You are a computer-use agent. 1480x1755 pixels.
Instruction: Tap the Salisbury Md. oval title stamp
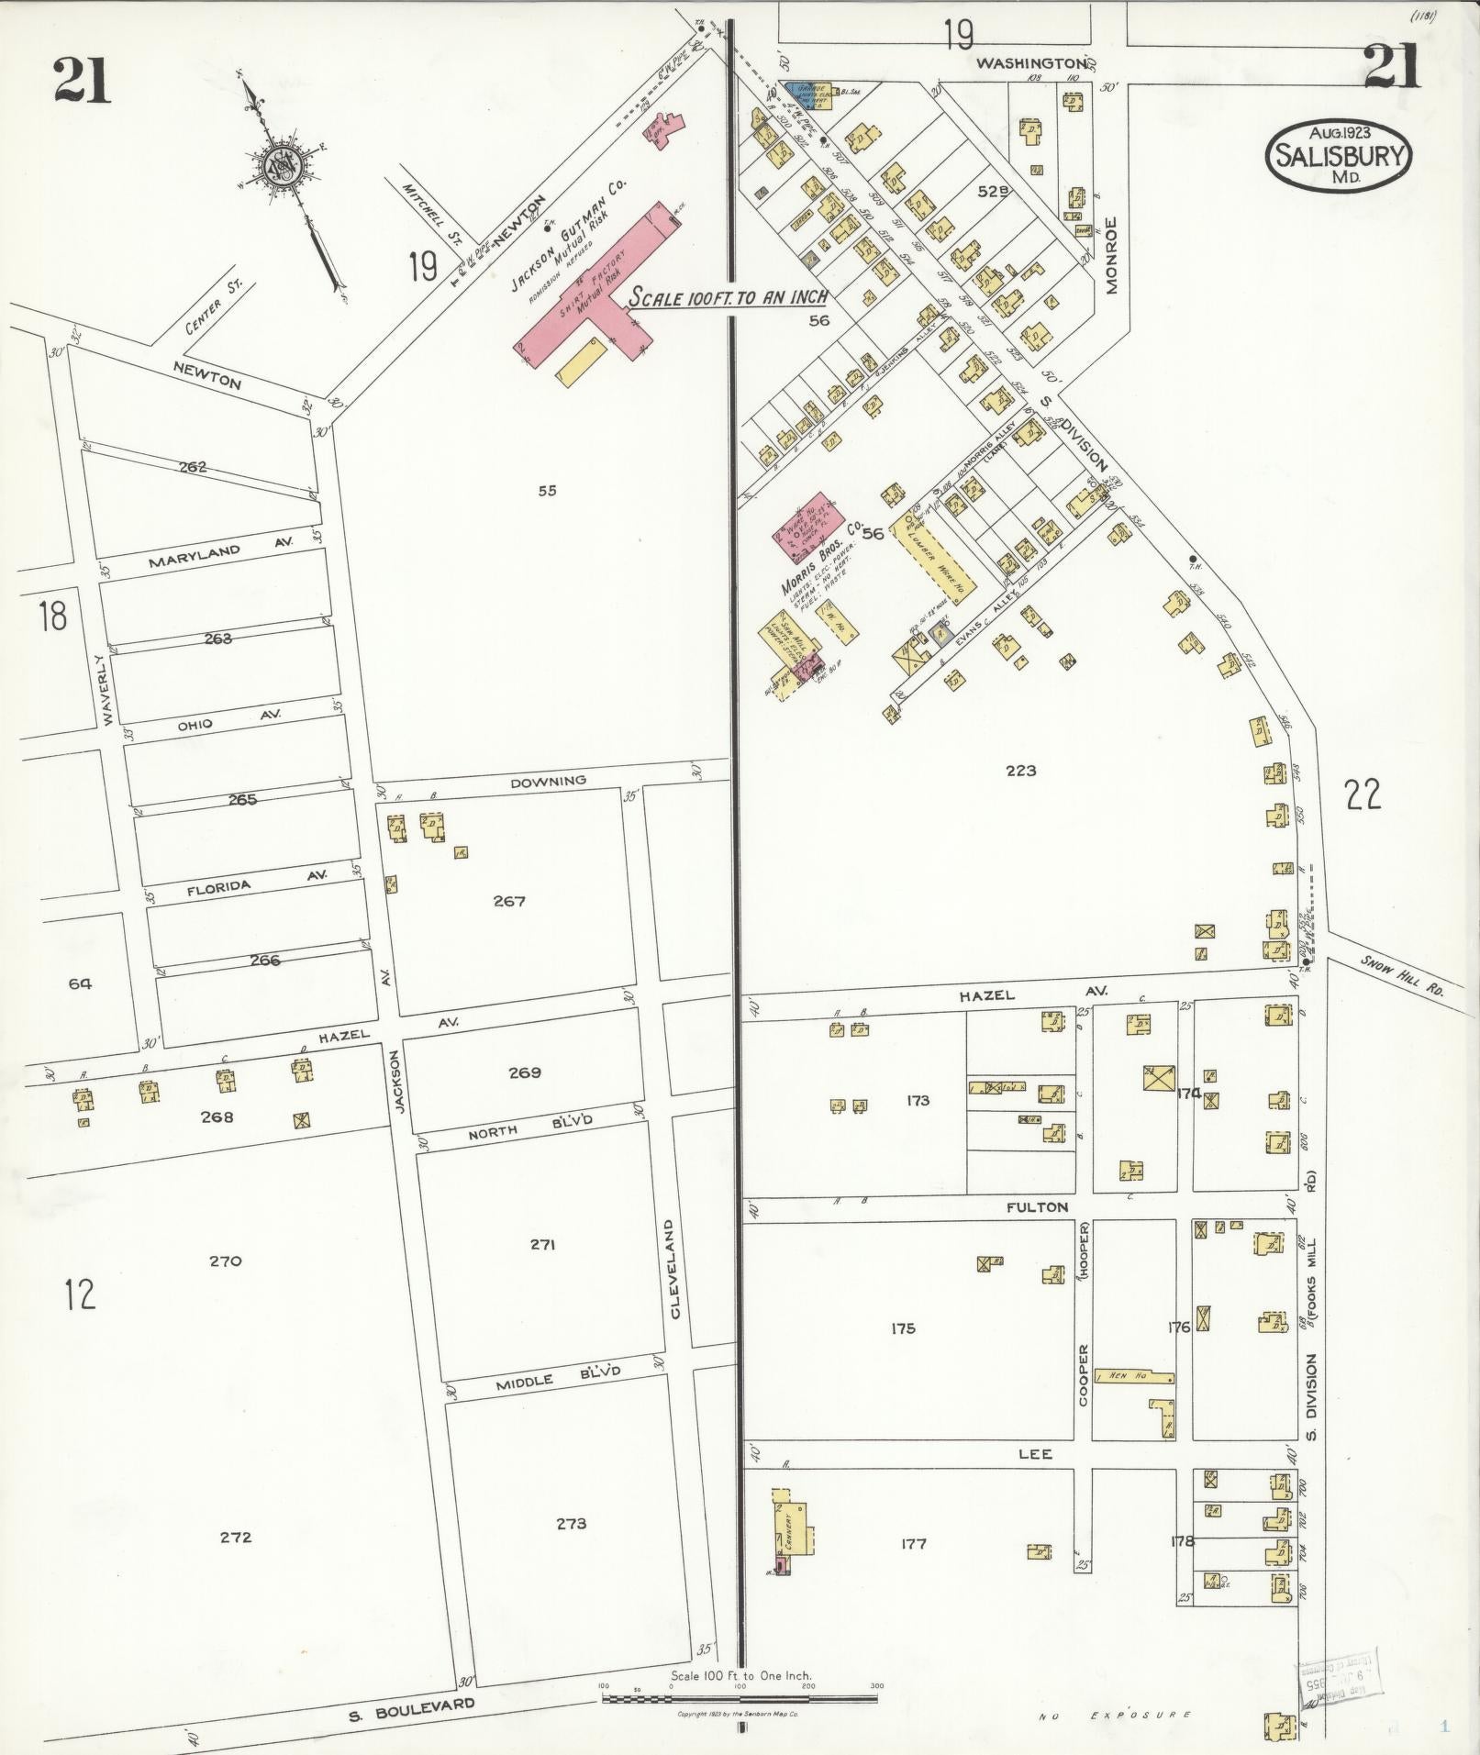[1338, 155]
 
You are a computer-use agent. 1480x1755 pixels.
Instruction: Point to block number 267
[509, 901]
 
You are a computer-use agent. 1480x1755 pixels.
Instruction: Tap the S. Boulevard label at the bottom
[412, 1708]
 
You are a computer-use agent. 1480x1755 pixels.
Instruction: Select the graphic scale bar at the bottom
[740, 1698]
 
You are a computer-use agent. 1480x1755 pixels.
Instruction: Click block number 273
[572, 1524]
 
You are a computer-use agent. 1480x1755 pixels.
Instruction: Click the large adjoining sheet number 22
[1363, 794]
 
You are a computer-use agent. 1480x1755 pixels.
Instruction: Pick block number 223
[1020, 771]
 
